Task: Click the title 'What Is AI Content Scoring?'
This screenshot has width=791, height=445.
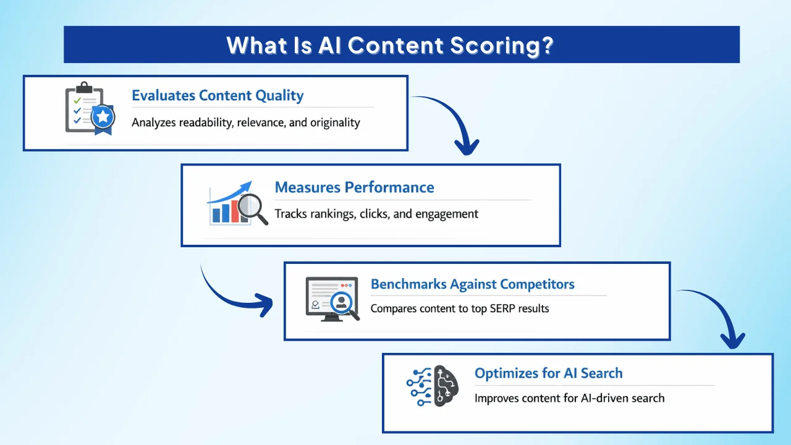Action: click(x=389, y=45)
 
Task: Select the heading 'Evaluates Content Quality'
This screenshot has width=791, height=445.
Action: click(x=218, y=96)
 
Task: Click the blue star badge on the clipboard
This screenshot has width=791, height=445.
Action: click(x=103, y=116)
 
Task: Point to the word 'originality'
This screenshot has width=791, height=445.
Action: click(x=335, y=122)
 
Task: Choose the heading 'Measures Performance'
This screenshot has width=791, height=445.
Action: click(x=354, y=187)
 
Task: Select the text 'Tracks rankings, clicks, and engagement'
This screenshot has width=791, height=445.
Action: click(x=376, y=214)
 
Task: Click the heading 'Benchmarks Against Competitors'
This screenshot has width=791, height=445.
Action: click(x=472, y=284)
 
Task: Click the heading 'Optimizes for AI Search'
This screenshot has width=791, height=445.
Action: click(x=548, y=373)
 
